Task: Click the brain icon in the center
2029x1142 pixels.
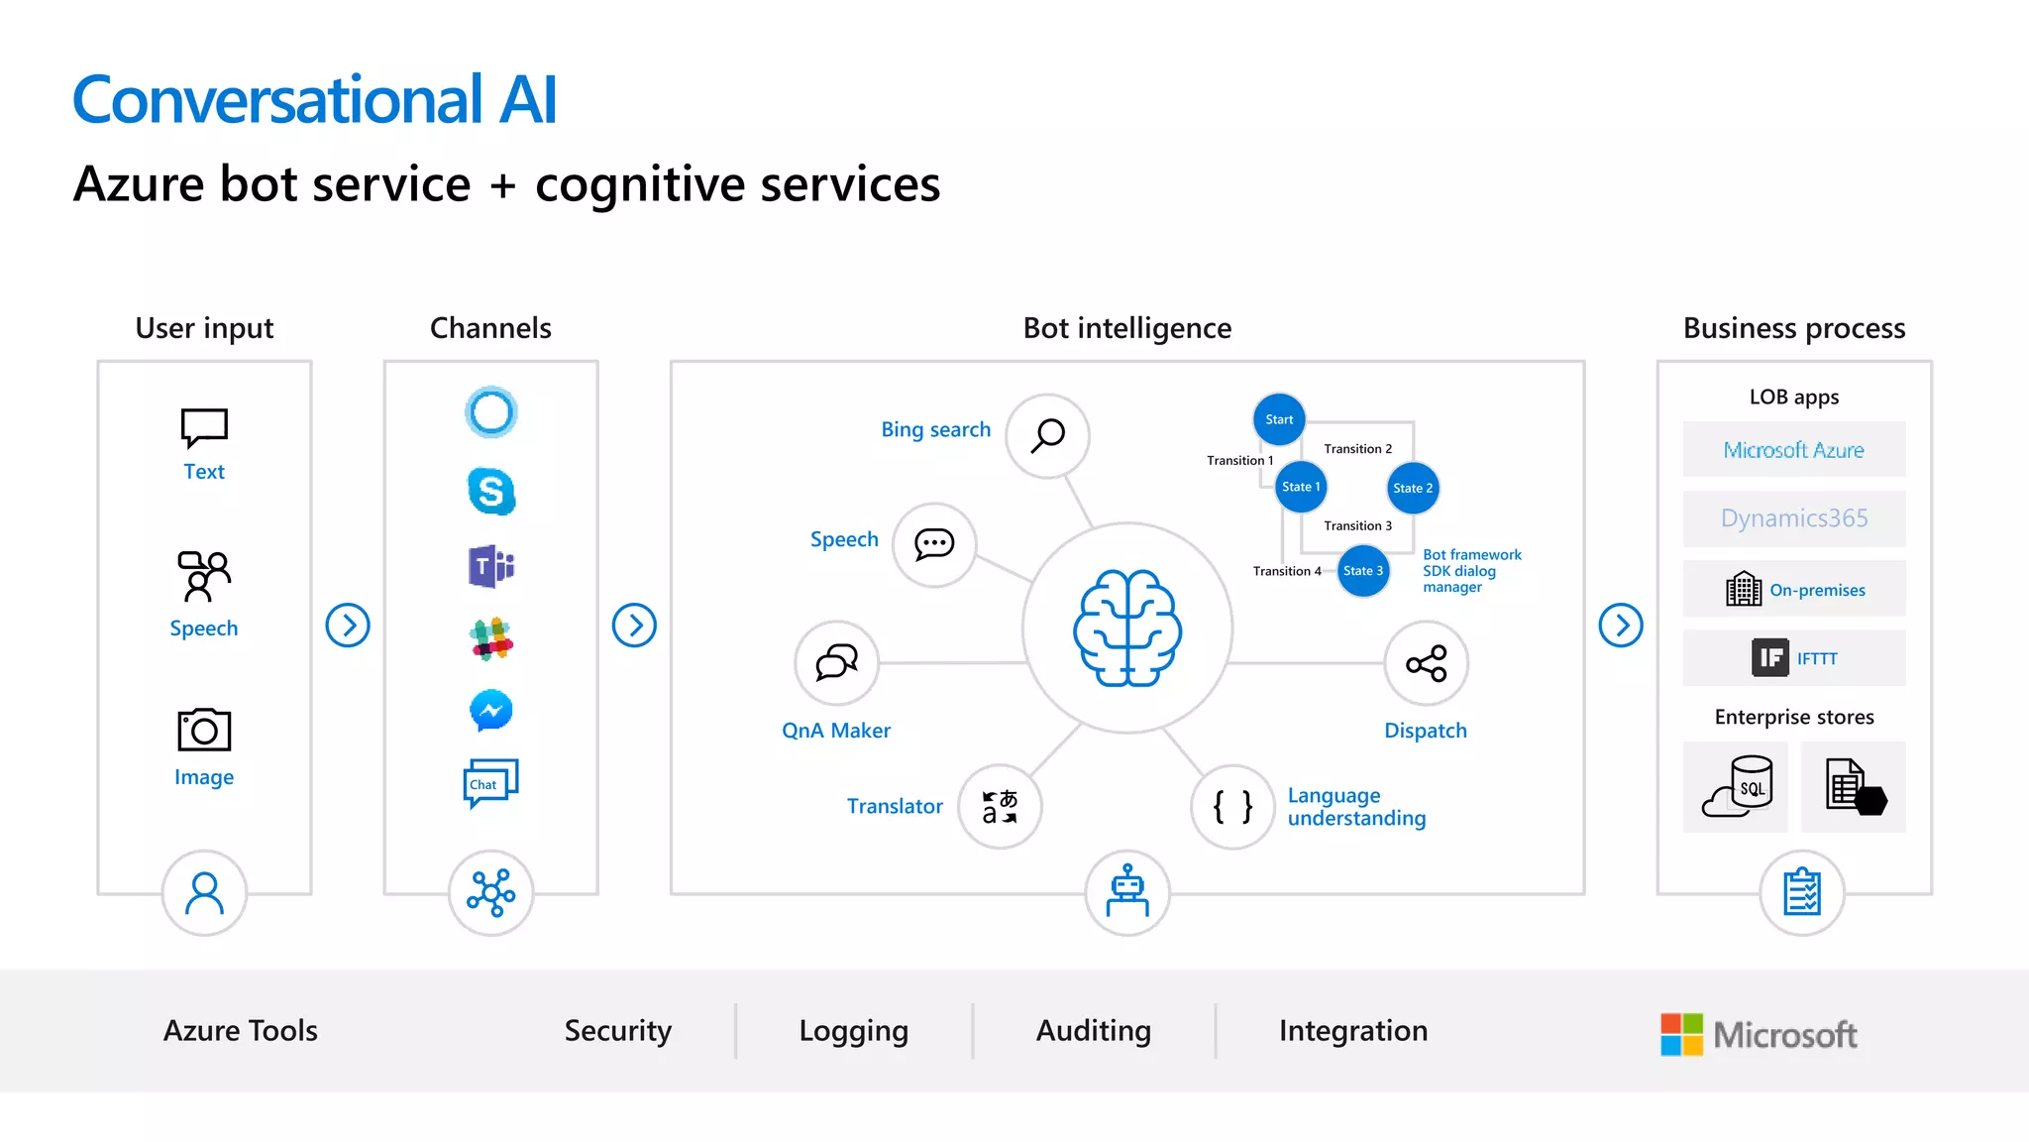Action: [1127, 628]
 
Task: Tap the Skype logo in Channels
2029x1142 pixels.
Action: [491, 491]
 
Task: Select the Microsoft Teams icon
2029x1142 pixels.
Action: [491, 566]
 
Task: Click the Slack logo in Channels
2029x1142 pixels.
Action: [491, 638]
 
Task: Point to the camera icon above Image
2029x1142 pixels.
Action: [204, 731]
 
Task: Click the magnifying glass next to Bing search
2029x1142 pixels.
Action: [1047, 435]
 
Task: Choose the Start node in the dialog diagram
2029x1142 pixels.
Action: [1279, 419]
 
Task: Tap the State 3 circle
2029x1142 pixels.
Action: [1363, 571]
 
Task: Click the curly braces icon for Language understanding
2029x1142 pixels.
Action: [1232, 807]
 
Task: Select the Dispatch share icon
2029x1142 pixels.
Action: [1426, 663]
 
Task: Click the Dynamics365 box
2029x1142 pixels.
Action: [1793, 518]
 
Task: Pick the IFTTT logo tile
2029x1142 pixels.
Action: [1770, 658]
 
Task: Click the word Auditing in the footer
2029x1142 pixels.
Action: [1094, 1031]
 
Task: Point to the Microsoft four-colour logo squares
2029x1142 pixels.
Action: [1681, 1034]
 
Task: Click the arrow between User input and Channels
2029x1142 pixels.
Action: [348, 626]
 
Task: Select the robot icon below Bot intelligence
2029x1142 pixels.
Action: [1127, 892]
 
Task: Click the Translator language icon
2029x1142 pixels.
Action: [1000, 807]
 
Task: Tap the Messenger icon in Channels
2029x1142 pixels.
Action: [491, 711]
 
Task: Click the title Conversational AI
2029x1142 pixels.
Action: [315, 100]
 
